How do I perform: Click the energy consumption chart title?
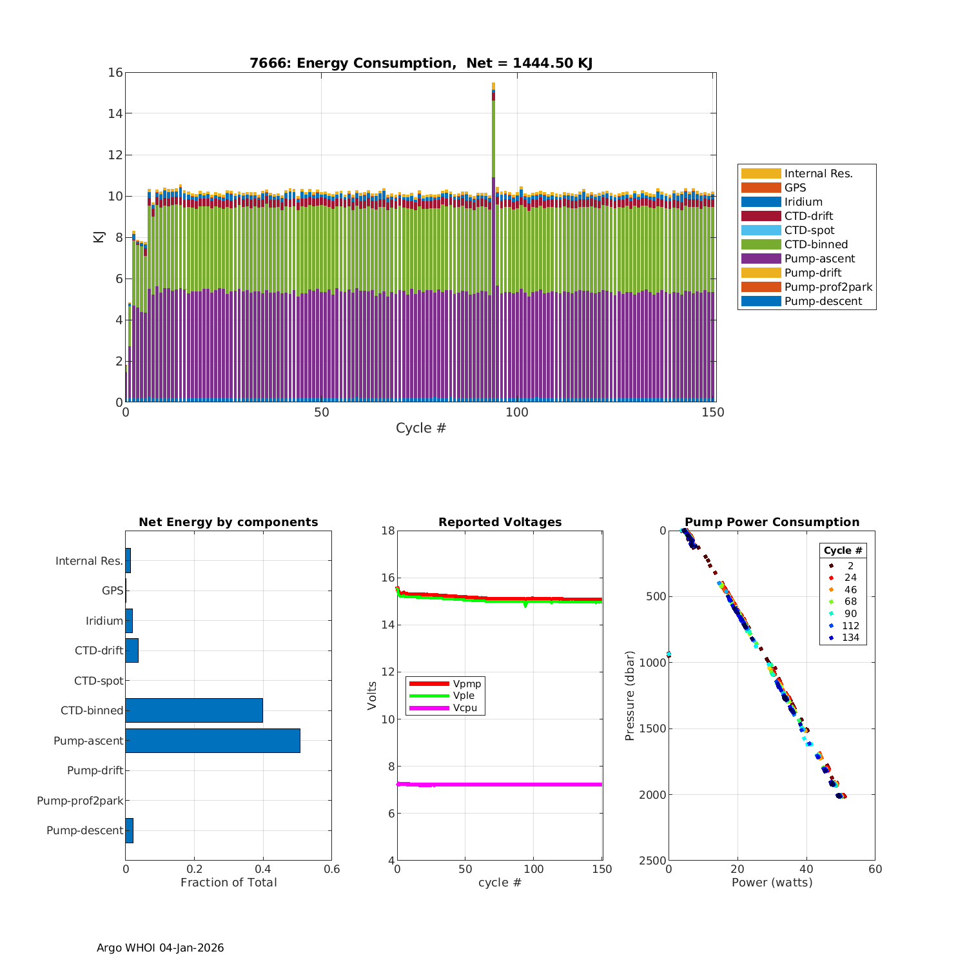coord(421,63)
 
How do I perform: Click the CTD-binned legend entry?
coord(816,244)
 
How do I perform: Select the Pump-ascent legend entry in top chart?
coord(819,259)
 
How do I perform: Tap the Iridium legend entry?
coord(803,202)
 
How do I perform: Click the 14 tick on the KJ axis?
coord(115,113)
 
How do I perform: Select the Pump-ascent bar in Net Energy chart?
coord(213,741)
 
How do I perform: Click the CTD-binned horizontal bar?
coord(193,710)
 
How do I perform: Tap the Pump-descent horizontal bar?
coord(129,830)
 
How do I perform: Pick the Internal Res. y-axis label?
coord(89,561)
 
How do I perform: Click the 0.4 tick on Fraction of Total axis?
coord(263,869)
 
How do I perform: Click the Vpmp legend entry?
coord(467,683)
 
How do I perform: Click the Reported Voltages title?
coord(500,522)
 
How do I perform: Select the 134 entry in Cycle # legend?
coord(850,638)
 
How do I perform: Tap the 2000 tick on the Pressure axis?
coord(652,795)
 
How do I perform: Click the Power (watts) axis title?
coord(772,883)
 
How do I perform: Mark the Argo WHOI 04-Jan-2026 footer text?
coord(160,948)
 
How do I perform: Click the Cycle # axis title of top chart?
coord(421,428)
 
